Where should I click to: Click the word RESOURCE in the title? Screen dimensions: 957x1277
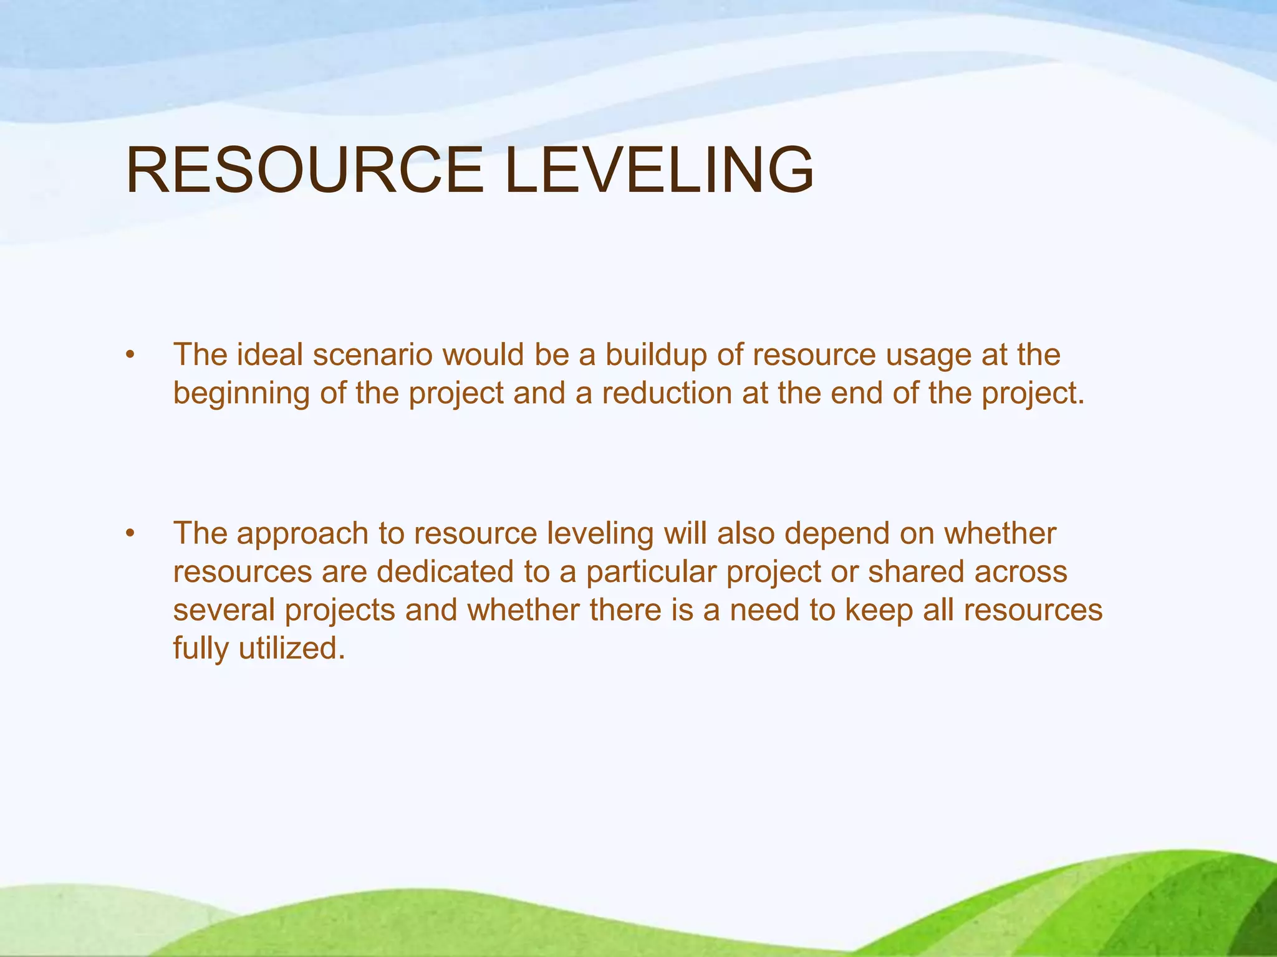pos(304,170)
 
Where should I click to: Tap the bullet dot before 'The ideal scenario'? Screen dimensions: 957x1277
pos(130,356)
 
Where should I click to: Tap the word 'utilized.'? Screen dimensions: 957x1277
pos(292,648)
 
